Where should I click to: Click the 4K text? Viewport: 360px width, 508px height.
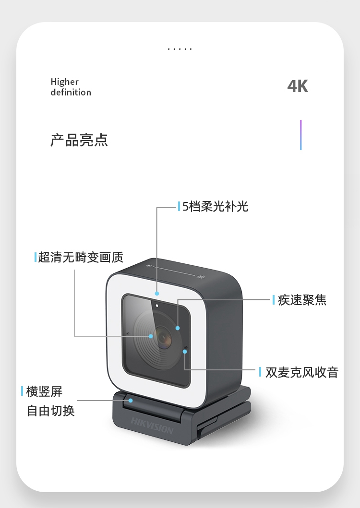point(298,86)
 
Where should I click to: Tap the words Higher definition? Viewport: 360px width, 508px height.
point(71,87)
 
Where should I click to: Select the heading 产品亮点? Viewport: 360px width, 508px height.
point(79,140)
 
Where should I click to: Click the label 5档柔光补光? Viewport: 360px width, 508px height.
point(216,206)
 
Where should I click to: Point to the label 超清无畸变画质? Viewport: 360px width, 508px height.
point(81,257)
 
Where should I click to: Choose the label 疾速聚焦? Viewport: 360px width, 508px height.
point(302,300)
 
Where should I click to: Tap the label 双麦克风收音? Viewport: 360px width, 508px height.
point(302,372)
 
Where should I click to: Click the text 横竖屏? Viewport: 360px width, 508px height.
point(44,391)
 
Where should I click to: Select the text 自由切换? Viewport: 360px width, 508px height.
point(50,411)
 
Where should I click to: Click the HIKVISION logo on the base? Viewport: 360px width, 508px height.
point(152,425)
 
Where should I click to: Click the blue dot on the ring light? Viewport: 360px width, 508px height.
point(157,294)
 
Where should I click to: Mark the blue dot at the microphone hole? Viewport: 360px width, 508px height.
point(184,352)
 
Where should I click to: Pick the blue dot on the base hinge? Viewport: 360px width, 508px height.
point(131,401)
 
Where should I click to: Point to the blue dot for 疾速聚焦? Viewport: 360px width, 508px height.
point(178,328)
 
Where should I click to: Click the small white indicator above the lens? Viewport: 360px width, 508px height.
point(157,306)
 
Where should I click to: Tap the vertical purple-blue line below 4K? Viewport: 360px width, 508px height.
point(301,135)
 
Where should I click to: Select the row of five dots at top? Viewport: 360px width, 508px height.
point(180,49)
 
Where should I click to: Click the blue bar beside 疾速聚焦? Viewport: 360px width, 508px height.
point(274,300)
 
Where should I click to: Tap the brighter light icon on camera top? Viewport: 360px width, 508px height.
point(201,277)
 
